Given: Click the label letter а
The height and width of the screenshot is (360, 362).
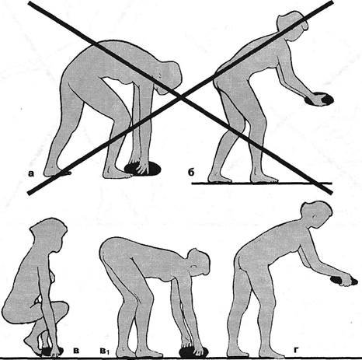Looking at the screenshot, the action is [31, 173].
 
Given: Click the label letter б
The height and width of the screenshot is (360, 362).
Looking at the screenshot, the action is [191, 172].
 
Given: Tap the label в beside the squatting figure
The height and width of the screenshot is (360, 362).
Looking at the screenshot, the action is [76, 351].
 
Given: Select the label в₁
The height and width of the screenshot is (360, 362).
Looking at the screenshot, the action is [103, 351].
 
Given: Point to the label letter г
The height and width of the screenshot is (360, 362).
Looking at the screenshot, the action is [296, 351].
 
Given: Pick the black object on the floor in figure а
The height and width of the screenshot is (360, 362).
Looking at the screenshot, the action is [143, 169].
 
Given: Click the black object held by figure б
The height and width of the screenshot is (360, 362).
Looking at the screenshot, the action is [320, 99].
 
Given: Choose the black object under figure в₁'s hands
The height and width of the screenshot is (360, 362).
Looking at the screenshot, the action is [193, 351].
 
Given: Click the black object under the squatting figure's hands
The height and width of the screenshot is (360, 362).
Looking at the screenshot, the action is [52, 351].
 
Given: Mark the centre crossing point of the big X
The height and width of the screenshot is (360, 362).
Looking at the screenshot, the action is [180, 98].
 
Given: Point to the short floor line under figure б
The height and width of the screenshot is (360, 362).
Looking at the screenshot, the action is [262, 183].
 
